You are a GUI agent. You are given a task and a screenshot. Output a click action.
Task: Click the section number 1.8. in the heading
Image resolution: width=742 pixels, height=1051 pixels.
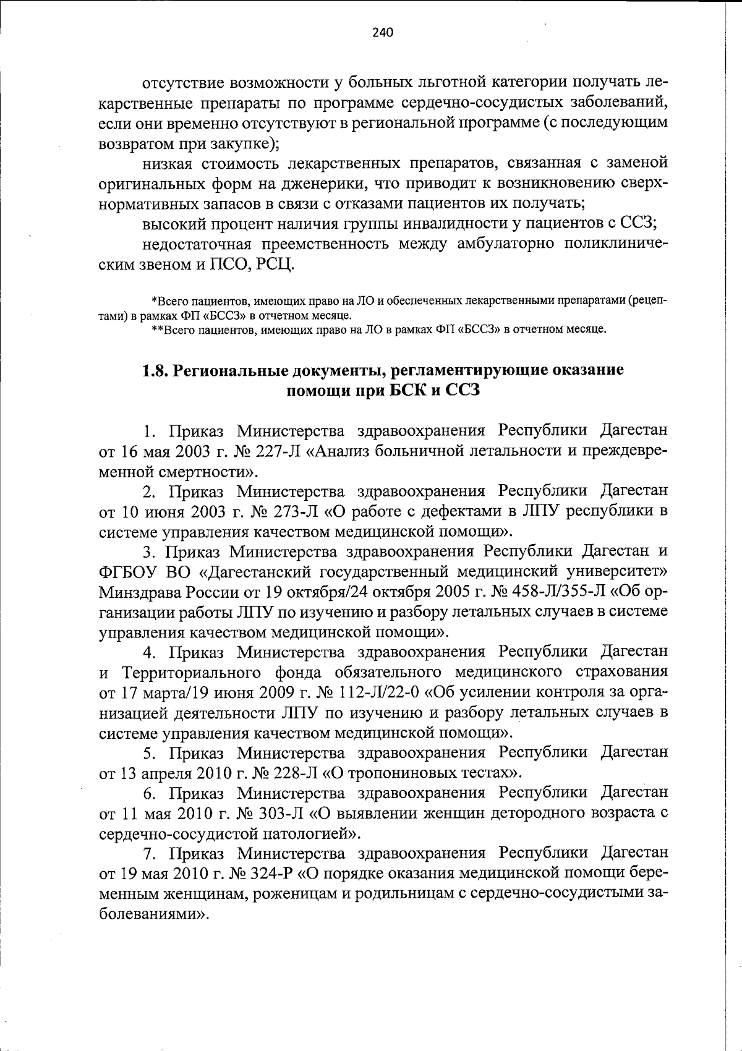(155, 370)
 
